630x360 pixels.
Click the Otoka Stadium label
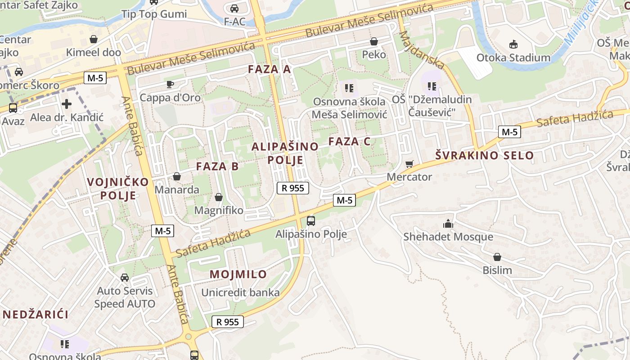[x=513, y=58]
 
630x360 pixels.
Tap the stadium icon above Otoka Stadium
[x=513, y=44]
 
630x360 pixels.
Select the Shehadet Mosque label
[x=448, y=237]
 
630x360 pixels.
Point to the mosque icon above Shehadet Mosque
[x=448, y=224]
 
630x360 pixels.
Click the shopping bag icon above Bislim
[x=497, y=257]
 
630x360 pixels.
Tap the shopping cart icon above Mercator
[x=409, y=164]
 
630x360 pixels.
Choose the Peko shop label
[x=374, y=54]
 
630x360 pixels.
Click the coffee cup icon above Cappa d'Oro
[x=170, y=84]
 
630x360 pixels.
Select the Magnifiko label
[x=219, y=210]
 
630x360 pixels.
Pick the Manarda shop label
[x=177, y=189]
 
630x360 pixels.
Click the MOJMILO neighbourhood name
[x=238, y=274]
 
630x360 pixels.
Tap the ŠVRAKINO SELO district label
[x=484, y=156]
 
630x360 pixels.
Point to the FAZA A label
[x=270, y=69]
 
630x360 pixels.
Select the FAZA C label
[x=349, y=141]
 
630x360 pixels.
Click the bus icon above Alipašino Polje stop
[x=311, y=220]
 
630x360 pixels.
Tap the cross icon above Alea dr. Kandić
[x=67, y=104]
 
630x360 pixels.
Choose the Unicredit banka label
[x=240, y=292]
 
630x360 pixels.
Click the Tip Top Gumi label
[x=154, y=14]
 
